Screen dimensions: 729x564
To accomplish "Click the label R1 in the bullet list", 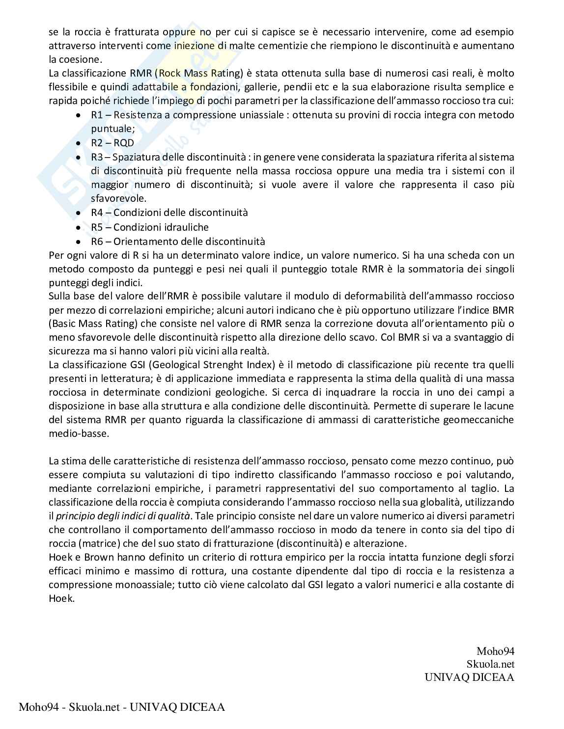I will [x=97, y=115].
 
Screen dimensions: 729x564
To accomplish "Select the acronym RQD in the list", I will [x=123, y=143].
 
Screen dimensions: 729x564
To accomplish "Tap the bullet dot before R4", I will [x=78, y=213].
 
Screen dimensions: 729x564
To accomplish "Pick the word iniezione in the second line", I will [x=195, y=46].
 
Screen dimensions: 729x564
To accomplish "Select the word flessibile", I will [x=68, y=87].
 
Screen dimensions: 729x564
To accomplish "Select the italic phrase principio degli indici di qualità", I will [x=122, y=516].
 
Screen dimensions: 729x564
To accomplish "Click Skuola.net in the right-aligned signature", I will [x=490, y=664].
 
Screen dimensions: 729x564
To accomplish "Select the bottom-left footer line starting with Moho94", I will [x=122, y=707].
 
